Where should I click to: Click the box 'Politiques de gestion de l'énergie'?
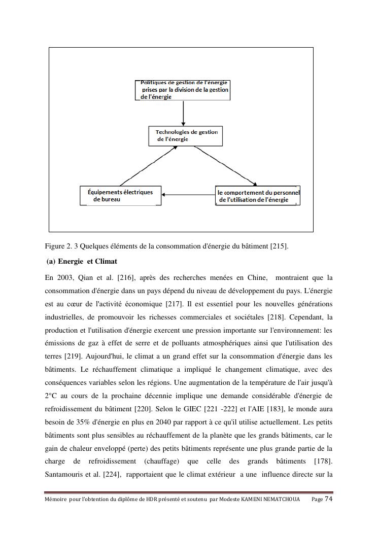tap(183, 90)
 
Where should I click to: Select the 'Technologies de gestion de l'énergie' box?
tap(185, 136)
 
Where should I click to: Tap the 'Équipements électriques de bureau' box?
tap(121, 196)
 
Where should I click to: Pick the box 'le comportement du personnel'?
tap(258, 196)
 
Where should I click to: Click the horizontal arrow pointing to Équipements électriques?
tap(188, 195)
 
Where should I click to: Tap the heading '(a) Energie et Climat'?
tap(82, 262)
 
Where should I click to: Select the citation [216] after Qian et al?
tap(126, 278)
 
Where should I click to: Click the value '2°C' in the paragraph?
tap(51, 396)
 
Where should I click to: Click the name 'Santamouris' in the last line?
tap(63, 475)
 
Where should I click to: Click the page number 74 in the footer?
tap(329, 499)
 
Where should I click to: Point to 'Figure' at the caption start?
tap(54, 246)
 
